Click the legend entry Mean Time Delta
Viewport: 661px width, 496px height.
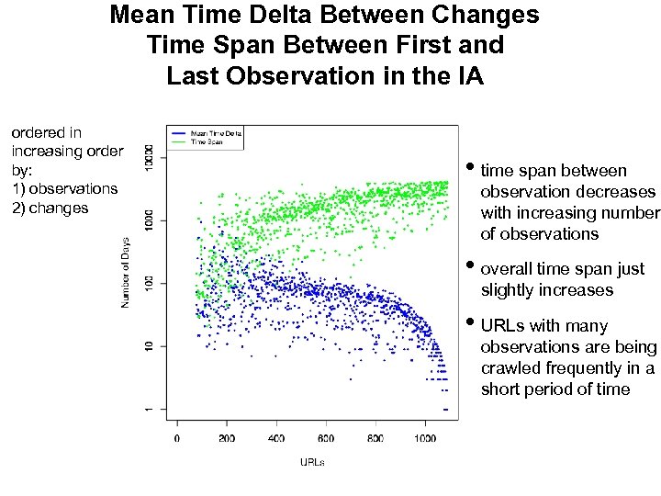click(217, 133)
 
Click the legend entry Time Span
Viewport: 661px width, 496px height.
click(207, 141)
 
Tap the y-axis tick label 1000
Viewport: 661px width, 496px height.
click(150, 220)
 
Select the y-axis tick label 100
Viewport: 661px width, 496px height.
click(150, 283)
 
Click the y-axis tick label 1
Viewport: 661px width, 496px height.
click(150, 409)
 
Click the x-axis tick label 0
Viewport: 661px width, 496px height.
click(177, 438)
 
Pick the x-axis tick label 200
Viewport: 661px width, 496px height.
click(227, 438)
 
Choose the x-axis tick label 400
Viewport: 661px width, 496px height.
click(276, 438)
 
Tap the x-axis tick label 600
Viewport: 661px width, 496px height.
click(326, 438)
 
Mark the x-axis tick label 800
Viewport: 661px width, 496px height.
click(375, 438)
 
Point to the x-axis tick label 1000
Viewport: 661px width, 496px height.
click(425, 438)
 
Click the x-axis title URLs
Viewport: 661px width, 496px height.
click(312, 461)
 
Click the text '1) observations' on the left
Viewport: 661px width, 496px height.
click(64, 188)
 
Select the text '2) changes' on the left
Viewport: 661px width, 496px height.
click(50, 208)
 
